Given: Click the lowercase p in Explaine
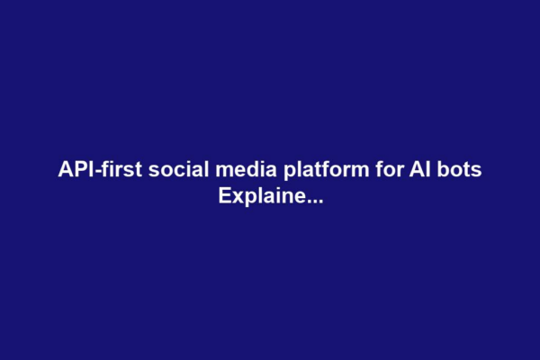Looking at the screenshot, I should pyautogui.click(x=247, y=196).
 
